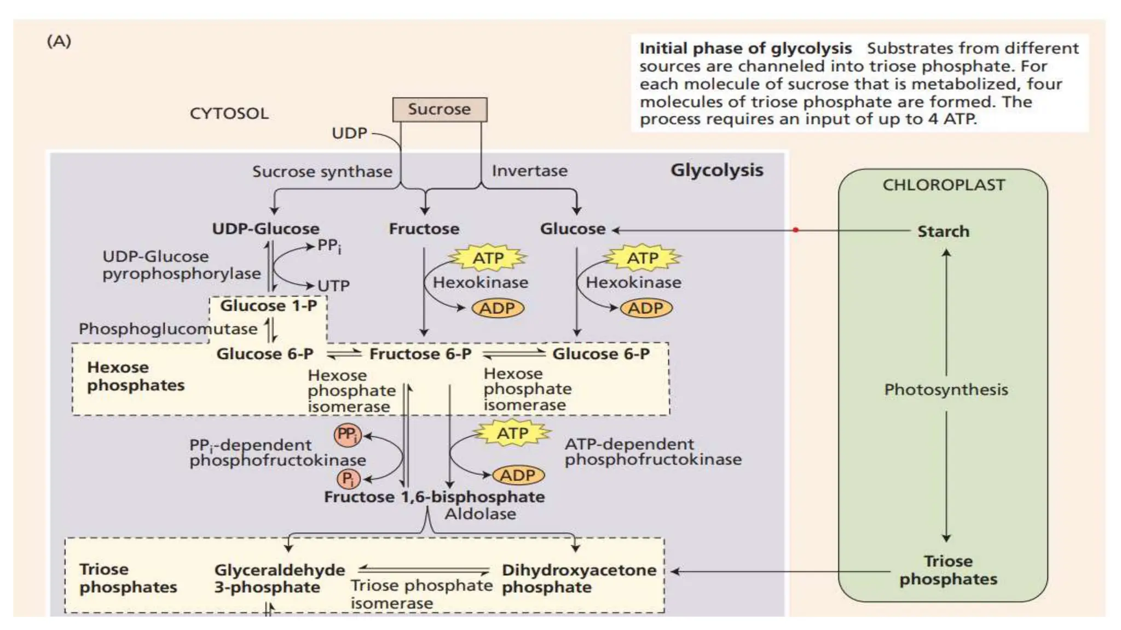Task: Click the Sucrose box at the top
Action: point(440,109)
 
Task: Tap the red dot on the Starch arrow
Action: point(795,230)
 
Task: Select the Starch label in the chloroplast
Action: point(943,231)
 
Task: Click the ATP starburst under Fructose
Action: point(488,258)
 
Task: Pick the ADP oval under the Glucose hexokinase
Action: point(646,308)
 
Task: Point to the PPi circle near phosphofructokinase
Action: point(348,435)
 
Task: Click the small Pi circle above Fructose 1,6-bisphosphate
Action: point(348,479)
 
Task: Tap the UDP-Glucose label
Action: point(265,229)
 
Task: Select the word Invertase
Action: point(529,171)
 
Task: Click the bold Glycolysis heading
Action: point(716,170)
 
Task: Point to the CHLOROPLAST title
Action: point(944,185)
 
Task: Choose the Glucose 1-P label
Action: point(268,306)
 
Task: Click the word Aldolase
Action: point(480,514)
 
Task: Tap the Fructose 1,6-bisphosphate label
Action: point(434,497)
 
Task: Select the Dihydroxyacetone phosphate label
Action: point(579,579)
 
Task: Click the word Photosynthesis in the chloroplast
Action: point(946,390)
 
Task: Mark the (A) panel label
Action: point(59,41)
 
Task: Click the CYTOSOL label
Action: point(229,114)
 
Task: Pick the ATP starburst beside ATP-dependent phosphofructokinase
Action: point(512,434)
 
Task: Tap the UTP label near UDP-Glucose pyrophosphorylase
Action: point(333,286)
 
